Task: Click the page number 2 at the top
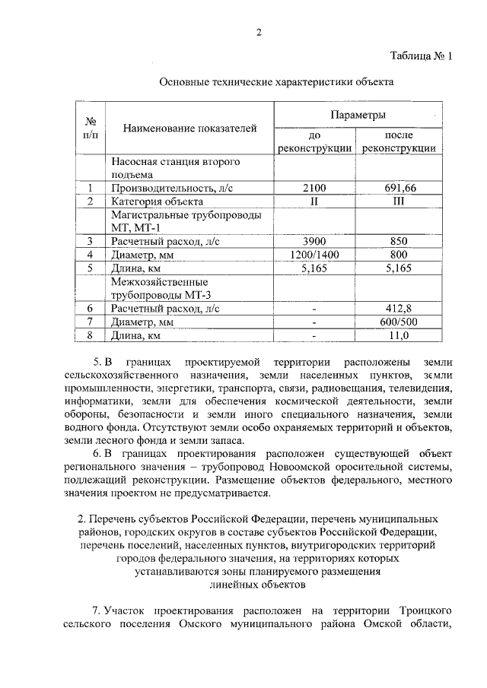pos(258,32)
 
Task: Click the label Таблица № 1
pos(420,57)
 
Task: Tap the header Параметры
pos(358,115)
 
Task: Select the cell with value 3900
pos(314,241)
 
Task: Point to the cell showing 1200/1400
pos(314,255)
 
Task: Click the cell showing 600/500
pos(399,322)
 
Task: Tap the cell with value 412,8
pos(399,308)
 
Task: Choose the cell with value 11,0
pos(399,335)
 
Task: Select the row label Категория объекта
pos(157,201)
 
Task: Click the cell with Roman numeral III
pos(399,201)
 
